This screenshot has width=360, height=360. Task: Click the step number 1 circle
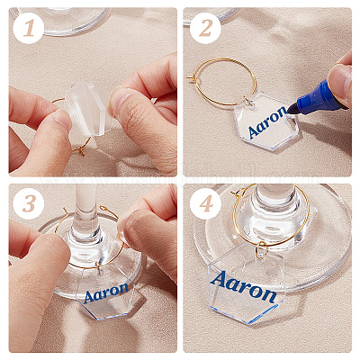coord(29,29)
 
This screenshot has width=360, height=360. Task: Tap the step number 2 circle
coord(205,29)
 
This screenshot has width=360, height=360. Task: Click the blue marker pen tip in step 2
coord(292,109)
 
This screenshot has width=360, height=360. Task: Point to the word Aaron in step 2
coord(267,122)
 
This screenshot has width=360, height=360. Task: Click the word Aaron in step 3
coord(106,292)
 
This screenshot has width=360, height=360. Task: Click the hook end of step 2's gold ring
coord(190,78)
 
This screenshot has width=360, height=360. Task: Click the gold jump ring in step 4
coord(261,250)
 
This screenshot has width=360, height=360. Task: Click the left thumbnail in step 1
coord(64,119)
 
